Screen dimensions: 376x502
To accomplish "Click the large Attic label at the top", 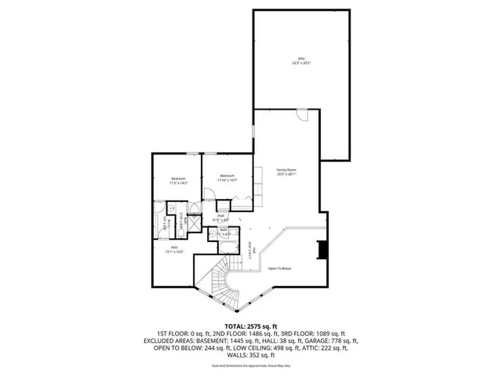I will click(x=300, y=58).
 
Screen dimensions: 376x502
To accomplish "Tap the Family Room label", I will click(x=286, y=172).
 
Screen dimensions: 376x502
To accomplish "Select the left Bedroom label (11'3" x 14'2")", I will click(x=179, y=180).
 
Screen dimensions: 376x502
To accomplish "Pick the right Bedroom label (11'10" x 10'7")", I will click(x=227, y=177).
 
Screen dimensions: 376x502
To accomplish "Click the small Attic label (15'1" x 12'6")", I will click(x=174, y=250).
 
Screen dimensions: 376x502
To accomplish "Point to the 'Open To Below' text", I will click(x=280, y=269).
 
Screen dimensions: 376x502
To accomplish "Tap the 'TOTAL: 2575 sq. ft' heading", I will click(x=251, y=325).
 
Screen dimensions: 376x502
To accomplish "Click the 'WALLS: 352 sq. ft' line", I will click(x=251, y=357).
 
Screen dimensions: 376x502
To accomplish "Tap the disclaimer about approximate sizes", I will click(x=251, y=367).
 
